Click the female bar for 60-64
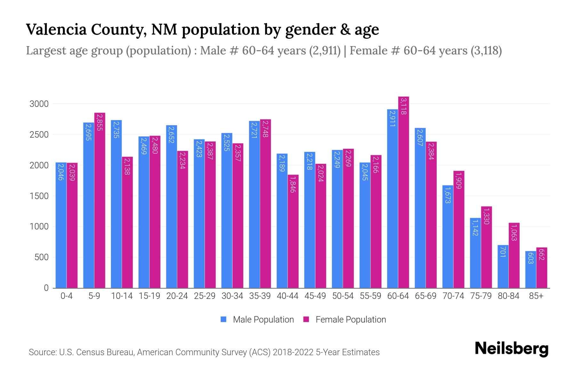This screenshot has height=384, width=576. click(x=404, y=192)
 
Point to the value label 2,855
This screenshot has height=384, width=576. click(x=100, y=122)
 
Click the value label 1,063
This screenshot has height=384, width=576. click(x=514, y=233)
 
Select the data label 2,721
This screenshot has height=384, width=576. click(x=254, y=130)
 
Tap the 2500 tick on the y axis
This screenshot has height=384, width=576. click(x=39, y=135)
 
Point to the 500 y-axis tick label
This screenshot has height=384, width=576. click(x=41, y=257)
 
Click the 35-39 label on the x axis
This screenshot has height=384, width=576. click(x=260, y=296)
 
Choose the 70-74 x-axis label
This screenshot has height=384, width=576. click(x=453, y=296)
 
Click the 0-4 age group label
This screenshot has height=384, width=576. click(x=67, y=296)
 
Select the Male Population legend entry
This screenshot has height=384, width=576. click(x=263, y=320)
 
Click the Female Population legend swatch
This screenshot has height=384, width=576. click(x=306, y=319)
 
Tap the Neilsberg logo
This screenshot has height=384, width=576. click(x=511, y=349)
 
